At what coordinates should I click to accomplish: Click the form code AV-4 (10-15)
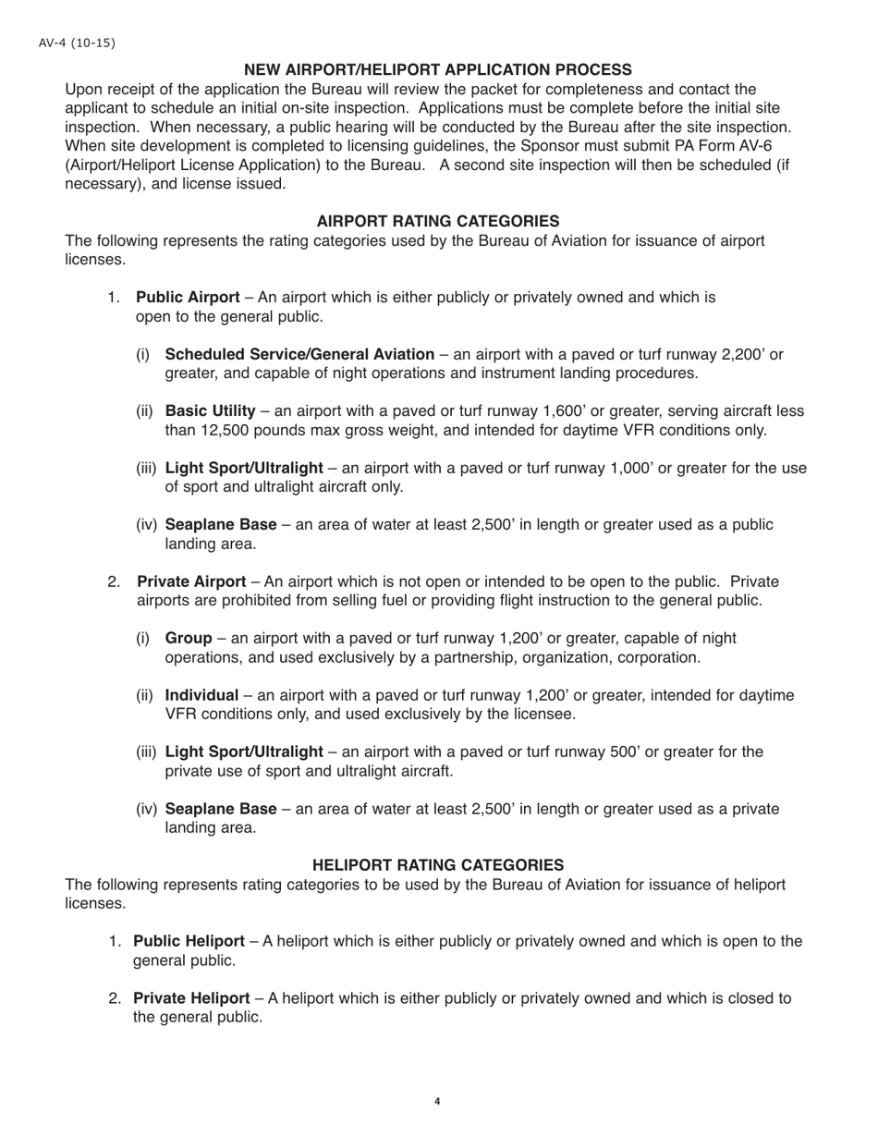pos(77,43)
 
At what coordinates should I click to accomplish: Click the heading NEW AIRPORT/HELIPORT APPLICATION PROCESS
pos(438,69)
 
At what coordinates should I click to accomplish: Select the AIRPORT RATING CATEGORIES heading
pos(438,221)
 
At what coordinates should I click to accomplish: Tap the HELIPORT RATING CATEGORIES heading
pos(438,864)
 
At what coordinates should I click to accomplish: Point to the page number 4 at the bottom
pos(437,1101)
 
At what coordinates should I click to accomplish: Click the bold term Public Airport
pos(188,298)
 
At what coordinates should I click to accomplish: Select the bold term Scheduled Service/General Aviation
pos(299,354)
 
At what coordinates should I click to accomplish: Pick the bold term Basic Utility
pos(210,410)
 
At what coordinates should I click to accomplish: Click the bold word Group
pos(189,638)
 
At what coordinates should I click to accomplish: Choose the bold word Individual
pos(201,695)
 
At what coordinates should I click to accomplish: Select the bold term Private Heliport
pos(191,998)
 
